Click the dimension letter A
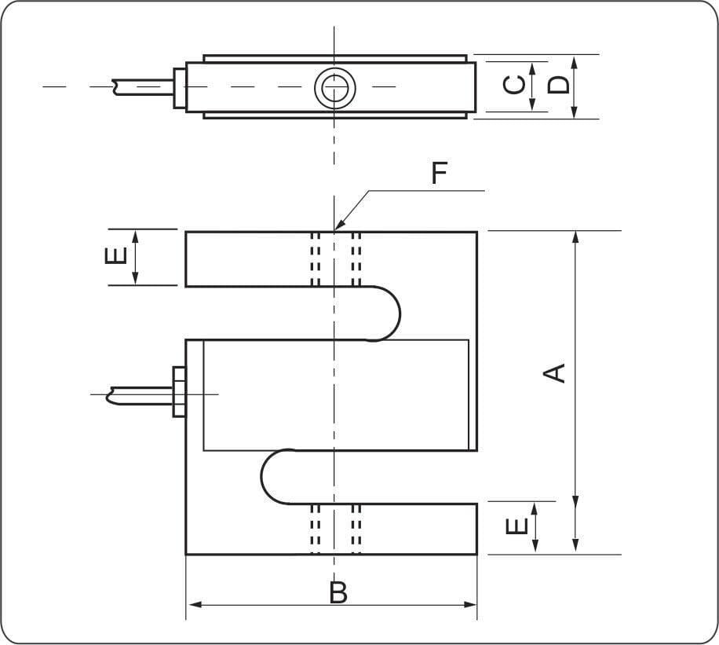(x=556, y=372)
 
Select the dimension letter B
(x=338, y=593)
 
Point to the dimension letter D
(x=558, y=84)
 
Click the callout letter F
(x=439, y=174)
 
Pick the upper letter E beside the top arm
(x=115, y=255)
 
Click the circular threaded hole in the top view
(x=334, y=87)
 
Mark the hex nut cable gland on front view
(x=179, y=391)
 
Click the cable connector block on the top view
(x=180, y=86)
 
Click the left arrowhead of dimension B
(x=193, y=605)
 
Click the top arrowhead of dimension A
(x=575, y=236)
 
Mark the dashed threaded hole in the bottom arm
(x=335, y=528)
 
